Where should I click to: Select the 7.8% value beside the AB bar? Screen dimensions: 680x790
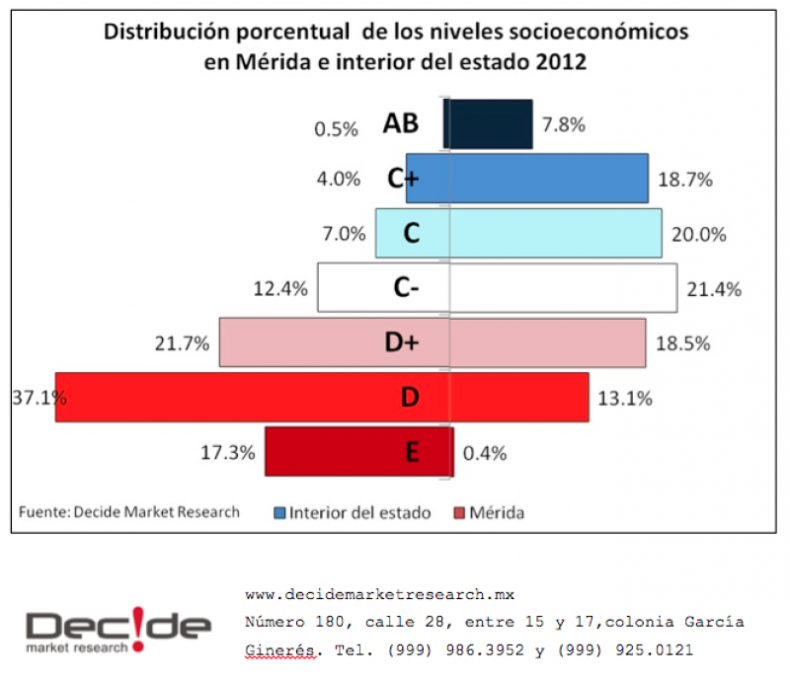[x=564, y=125]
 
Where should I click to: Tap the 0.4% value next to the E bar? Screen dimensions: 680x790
[x=485, y=453]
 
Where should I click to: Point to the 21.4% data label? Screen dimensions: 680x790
[x=706, y=289]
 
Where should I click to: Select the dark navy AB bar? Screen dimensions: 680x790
[x=491, y=124]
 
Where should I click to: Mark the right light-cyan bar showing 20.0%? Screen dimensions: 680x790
[x=555, y=234]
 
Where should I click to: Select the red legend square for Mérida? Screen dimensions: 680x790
[x=458, y=513]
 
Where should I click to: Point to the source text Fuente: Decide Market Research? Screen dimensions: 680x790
[x=129, y=512]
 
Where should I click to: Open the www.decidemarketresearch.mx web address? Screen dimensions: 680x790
[x=379, y=595]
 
